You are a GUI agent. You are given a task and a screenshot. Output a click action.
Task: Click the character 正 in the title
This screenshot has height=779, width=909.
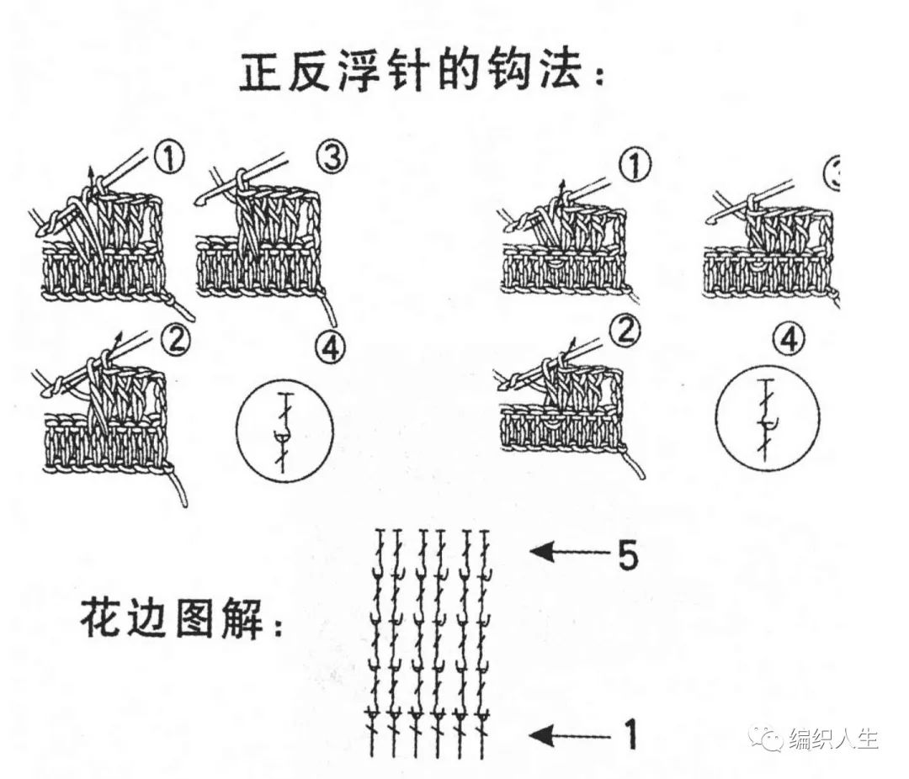pos(261,73)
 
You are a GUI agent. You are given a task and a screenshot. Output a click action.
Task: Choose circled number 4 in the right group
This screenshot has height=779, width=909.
pos(788,339)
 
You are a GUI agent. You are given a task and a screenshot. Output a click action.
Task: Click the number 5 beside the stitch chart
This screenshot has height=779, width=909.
pos(628,557)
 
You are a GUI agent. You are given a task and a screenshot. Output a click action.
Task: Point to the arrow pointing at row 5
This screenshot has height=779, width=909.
pos(568,554)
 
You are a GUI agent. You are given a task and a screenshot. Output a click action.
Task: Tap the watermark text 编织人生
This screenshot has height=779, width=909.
pos(833,739)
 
